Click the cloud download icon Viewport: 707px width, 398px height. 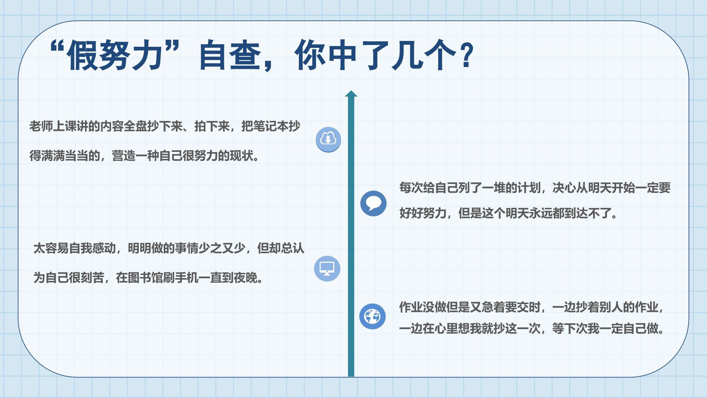pos(328,139)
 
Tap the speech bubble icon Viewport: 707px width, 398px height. pos(373,203)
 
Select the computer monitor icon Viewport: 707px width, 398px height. pos(327,268)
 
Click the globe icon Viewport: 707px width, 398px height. pos(372,316)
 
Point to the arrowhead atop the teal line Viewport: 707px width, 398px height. pos(351,94)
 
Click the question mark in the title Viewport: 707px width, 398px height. pos(467,55)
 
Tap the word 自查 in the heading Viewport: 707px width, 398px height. pos(230,55)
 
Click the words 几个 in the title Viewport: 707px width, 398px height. pos(424,55)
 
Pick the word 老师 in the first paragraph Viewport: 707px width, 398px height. pos(41,126)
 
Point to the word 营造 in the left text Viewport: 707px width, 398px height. pos(124,156)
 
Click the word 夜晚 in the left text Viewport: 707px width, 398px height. pos(246,277)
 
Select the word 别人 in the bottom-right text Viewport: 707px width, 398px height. pos(611,307)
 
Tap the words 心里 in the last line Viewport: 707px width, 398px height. pos(446,328)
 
